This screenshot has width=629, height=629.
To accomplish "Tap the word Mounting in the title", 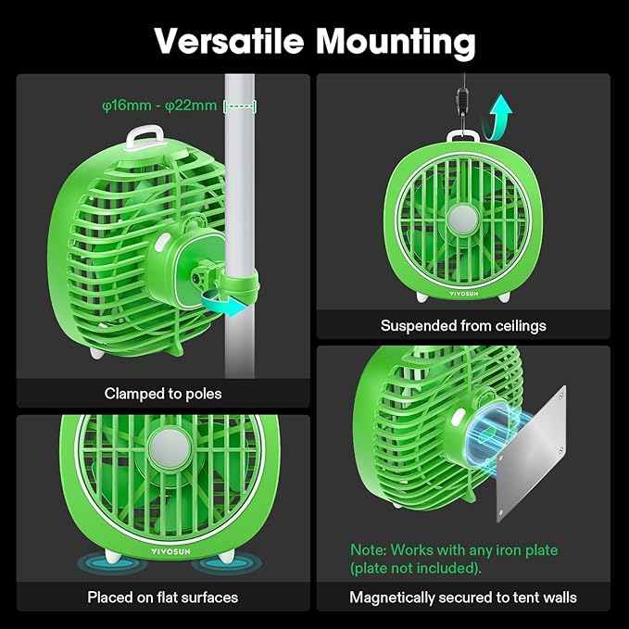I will [393, 41].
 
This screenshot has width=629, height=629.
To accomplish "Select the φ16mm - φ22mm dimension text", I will [159, 106].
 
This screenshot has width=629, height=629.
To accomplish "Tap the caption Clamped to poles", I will [163, 394].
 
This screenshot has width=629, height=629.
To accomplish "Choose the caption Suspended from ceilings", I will [463, 325].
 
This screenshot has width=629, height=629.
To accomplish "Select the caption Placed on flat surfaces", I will [163, 598].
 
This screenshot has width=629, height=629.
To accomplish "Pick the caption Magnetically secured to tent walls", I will [463, 598].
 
